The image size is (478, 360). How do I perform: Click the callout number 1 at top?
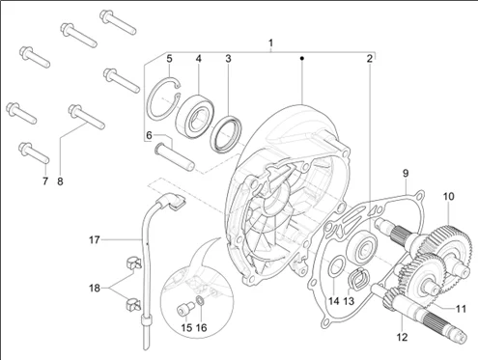pyautogui.click(x=270, y=43)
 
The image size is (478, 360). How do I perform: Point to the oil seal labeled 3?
pyautogui.click(x=226, y=133)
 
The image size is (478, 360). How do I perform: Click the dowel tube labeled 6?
pyautogui.click(x=175, y=157)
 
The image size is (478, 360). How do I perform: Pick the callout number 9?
pyautogui.click(x=406, y=174)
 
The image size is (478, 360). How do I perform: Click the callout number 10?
pyautogui.click(x=448, y=196)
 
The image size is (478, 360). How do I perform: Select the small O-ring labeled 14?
pyautogui.click(x=337, y=265)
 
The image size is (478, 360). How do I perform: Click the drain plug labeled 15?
pyautogui.click(x=185, y=310)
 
